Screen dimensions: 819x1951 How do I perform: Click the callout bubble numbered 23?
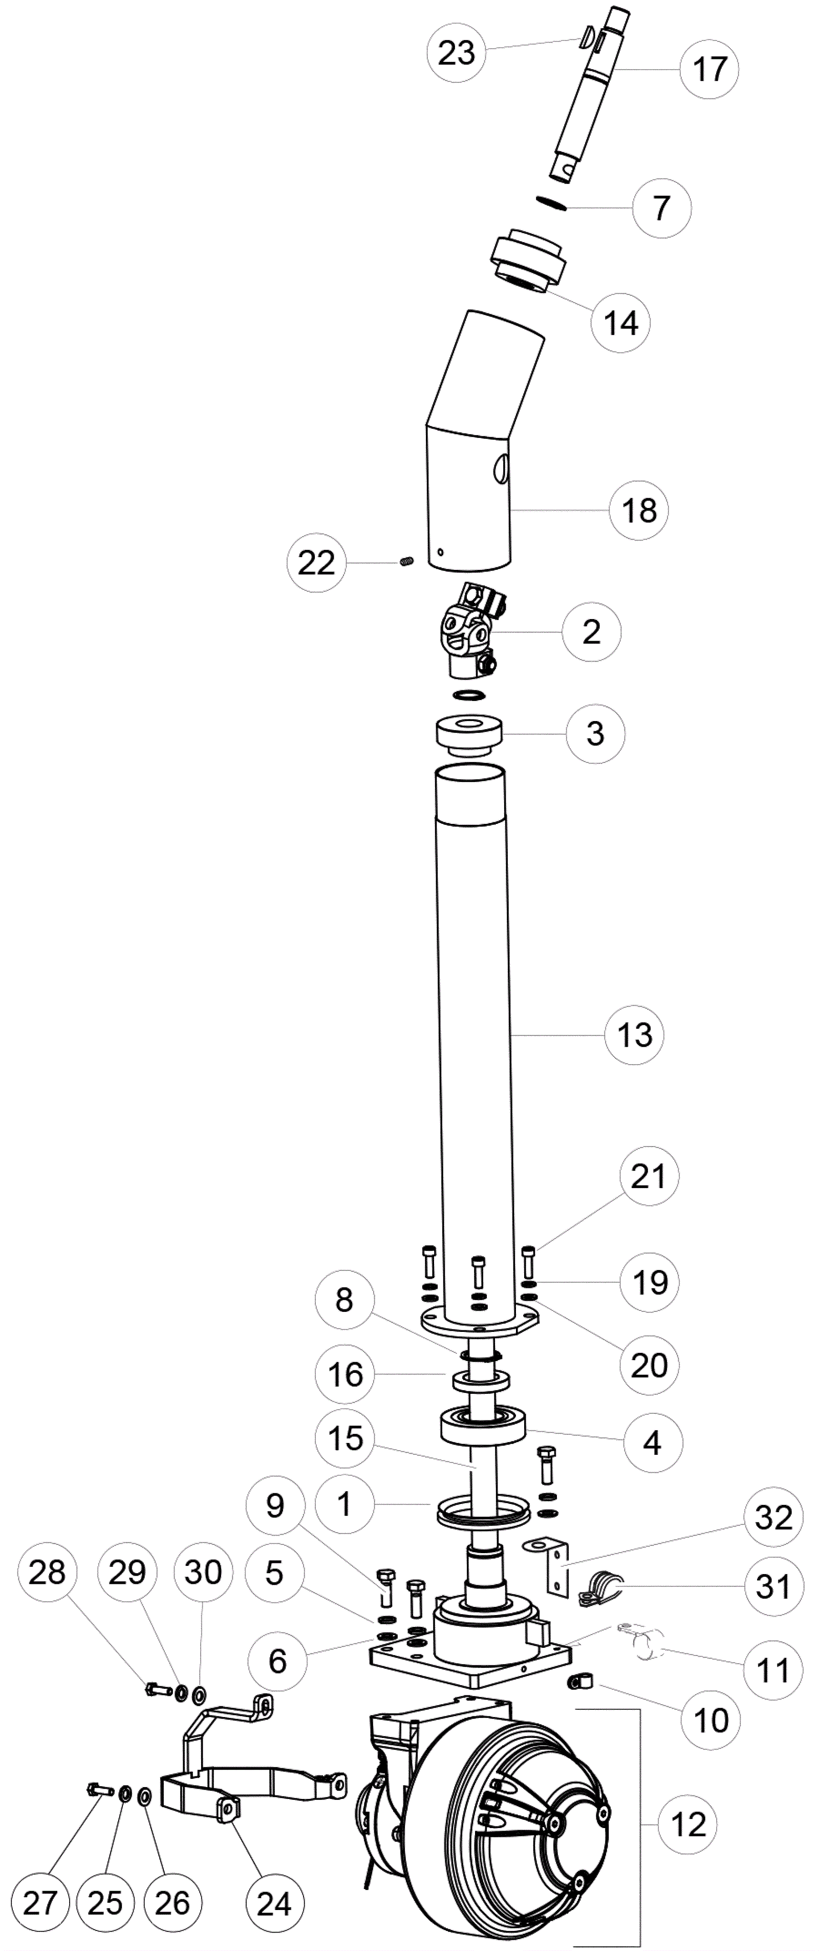pos(457,53)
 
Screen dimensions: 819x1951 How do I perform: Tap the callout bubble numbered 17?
pos(709,69)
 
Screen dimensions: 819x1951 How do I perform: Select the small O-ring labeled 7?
pos(550,203)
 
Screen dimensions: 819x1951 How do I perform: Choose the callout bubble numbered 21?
pos(649,1176)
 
